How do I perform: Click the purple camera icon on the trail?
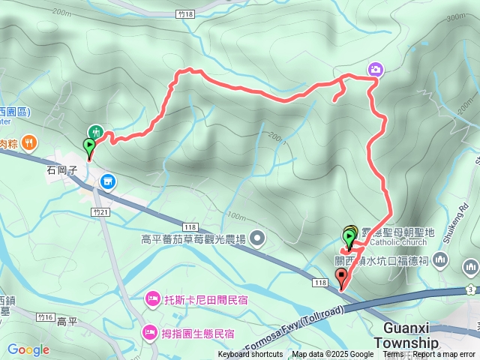[375, 70]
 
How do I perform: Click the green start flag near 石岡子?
[89, 146]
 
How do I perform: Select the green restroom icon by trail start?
[95, 132]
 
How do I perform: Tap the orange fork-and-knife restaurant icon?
[28, 141]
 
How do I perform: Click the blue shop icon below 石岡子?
[107, 181]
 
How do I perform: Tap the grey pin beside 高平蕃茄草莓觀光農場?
[258, 239]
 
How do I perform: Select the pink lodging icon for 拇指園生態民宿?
[148, 331]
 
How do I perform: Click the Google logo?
[28, 349]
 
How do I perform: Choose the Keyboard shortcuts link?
[251, 355]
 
